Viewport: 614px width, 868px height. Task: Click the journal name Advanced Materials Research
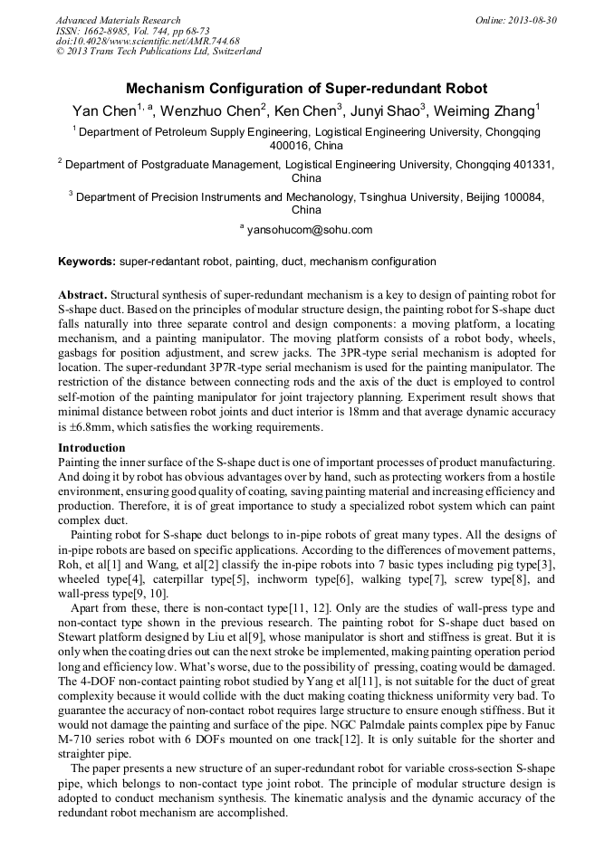(x=118, y=20)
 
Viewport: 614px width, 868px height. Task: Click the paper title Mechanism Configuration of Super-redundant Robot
(x=306, y=89)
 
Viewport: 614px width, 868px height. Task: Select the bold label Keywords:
(x=87, y=262)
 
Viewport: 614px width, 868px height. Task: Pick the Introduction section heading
(x=91, y=448)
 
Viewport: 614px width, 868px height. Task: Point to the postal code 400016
(x=290, y=145)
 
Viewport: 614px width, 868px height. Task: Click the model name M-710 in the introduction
(x=77, y=739)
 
